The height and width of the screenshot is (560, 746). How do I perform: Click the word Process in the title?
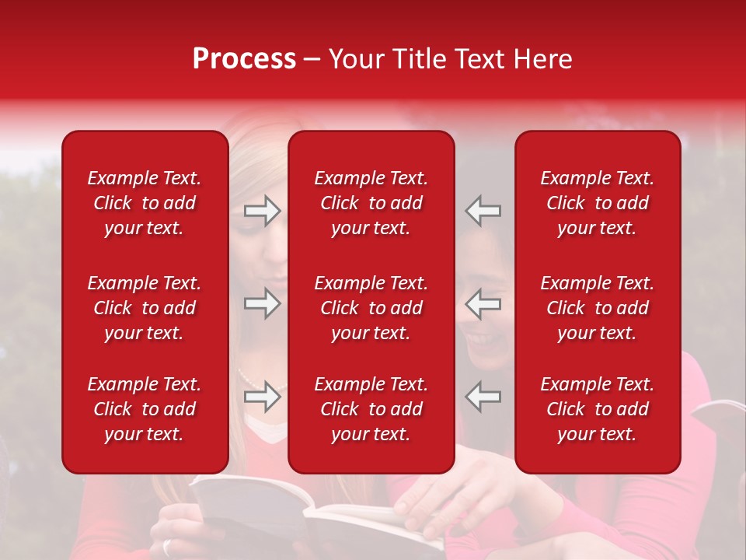coord(244,59)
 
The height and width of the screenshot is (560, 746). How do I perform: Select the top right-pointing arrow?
coord(262,211)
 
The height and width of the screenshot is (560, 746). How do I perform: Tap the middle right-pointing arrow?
coord(262,303)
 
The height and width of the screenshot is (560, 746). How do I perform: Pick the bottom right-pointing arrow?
coord(262,397)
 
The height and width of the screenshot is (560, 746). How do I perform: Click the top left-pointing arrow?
coord(483,211)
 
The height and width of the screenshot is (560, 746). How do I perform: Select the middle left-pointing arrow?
coord(483,303)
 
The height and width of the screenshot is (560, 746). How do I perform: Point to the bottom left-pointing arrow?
coord(483,397)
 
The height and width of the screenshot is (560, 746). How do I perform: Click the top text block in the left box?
coord(145,203)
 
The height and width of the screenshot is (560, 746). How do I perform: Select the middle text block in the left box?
coord(145,308)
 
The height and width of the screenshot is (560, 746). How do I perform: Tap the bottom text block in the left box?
coord(145,409)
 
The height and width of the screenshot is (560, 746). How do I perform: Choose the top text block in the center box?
coord(371,203)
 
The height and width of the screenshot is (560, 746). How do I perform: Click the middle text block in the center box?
coord(371,308)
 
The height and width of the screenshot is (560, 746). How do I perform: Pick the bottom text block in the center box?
coord(371,409)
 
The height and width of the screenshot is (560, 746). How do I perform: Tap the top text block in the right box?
coord(598,203)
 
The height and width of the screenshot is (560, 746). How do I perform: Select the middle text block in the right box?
coord(598,308)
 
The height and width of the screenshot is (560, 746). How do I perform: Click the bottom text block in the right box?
coord(598,409)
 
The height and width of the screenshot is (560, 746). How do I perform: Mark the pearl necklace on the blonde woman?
coord(247,380)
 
